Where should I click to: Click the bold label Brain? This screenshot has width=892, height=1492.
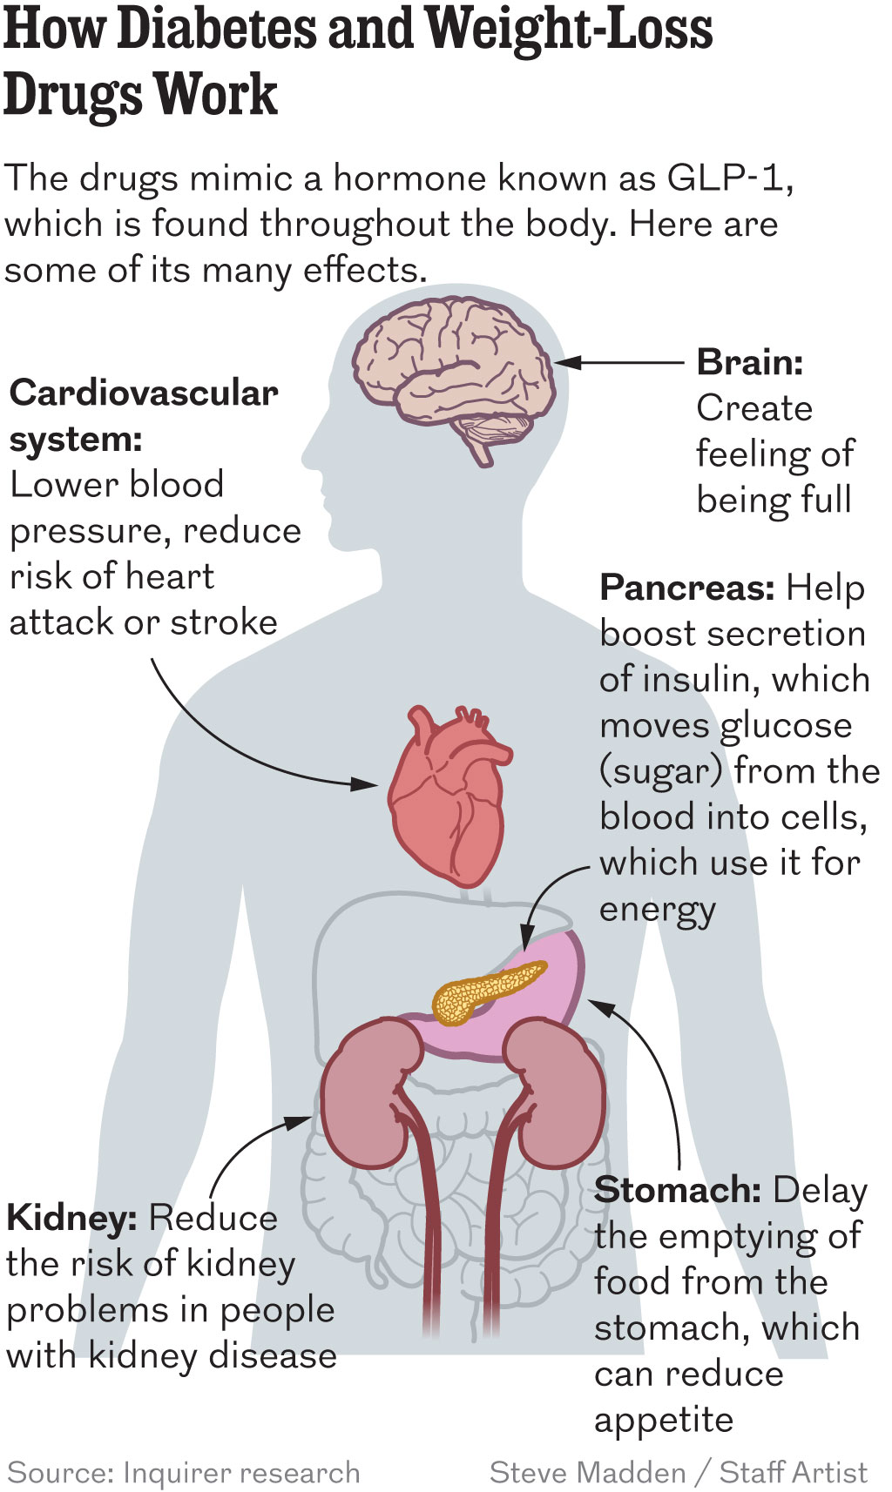tap(750, 363)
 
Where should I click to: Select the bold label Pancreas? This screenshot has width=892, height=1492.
tap(687, 588)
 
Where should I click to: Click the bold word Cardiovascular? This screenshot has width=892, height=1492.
tap(144, 393)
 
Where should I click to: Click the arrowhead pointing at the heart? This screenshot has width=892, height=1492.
tap(365, 783)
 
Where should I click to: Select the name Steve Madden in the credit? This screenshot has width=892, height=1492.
tap(587, 1472)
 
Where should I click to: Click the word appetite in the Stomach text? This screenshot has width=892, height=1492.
tap(664, 1421)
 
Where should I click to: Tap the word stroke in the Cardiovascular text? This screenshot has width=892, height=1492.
tap(224, 622)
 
